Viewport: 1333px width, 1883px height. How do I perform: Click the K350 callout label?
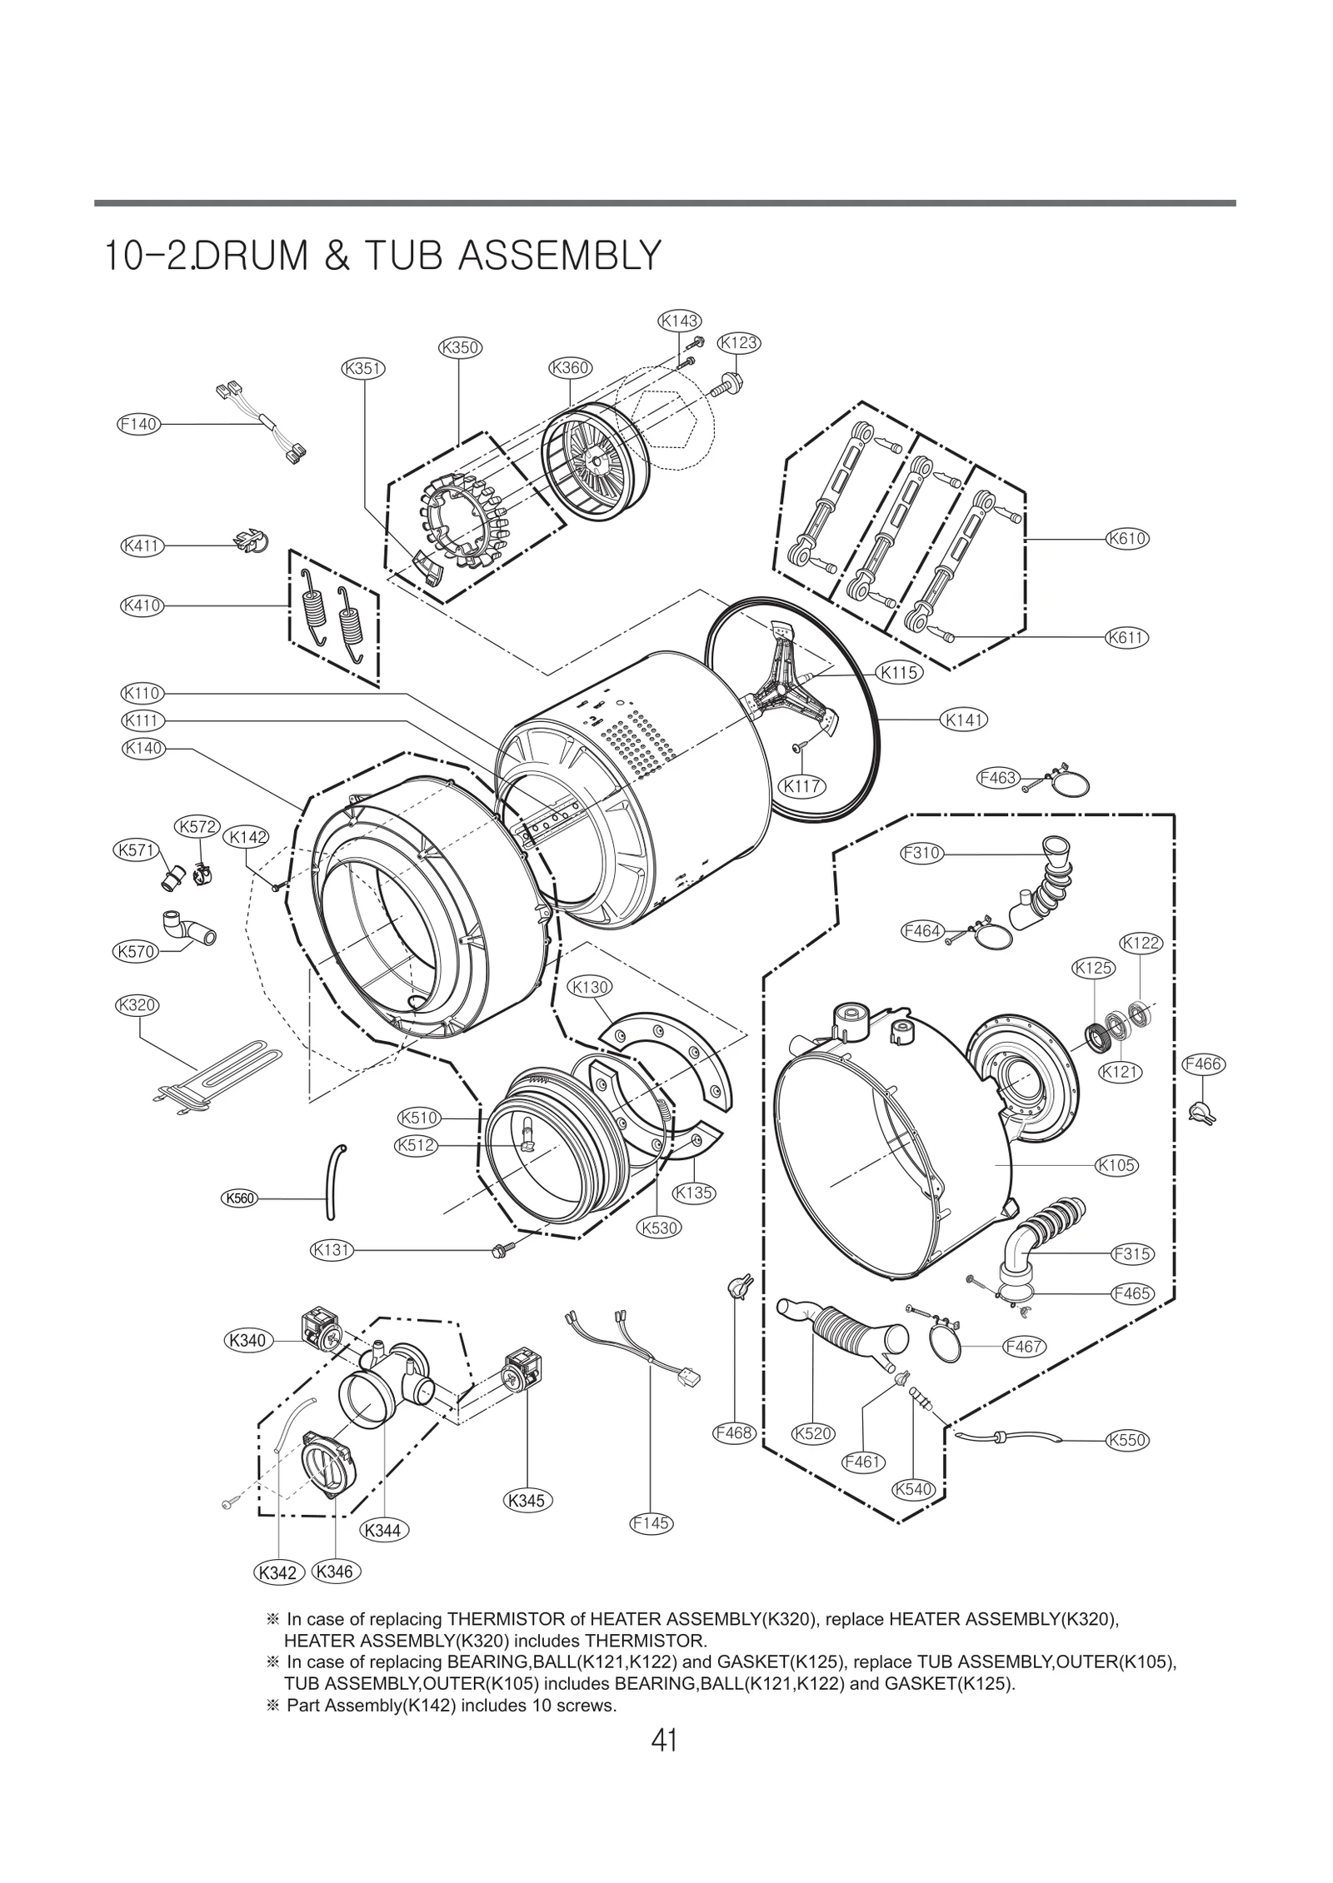click(460, 347)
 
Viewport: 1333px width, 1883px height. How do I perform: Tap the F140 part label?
click(138, 424)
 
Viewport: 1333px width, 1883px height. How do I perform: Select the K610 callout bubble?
click(1127, 539)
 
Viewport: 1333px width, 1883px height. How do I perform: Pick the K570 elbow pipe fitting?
click(184, 929)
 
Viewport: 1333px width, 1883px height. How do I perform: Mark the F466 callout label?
click(1203, 1064)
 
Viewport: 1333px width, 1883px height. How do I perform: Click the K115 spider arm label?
click(899, 672)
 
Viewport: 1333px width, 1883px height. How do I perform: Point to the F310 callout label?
click(921, 853)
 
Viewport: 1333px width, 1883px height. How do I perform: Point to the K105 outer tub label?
click(1116, 1165)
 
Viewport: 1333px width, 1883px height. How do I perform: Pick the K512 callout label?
click(416, 1145)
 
